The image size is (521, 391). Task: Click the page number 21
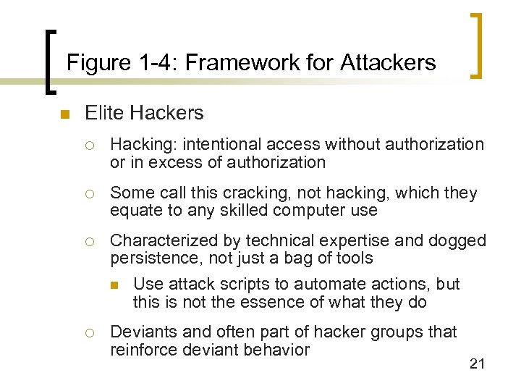click(x=476, y=363)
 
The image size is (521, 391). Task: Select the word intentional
click(x=223, y=145)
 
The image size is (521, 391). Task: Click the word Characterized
click(x=174, y=240)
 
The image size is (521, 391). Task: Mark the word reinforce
click(x=144, y=350)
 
